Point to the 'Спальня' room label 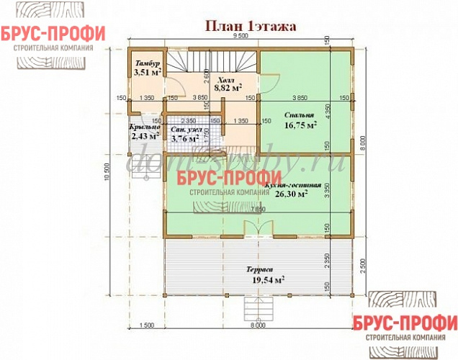point(298,115)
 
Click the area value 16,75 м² point(301,125)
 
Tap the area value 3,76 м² point(185,139)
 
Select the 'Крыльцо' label point(144,127)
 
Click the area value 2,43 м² point(145,136)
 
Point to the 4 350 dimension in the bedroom point(327,113)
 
